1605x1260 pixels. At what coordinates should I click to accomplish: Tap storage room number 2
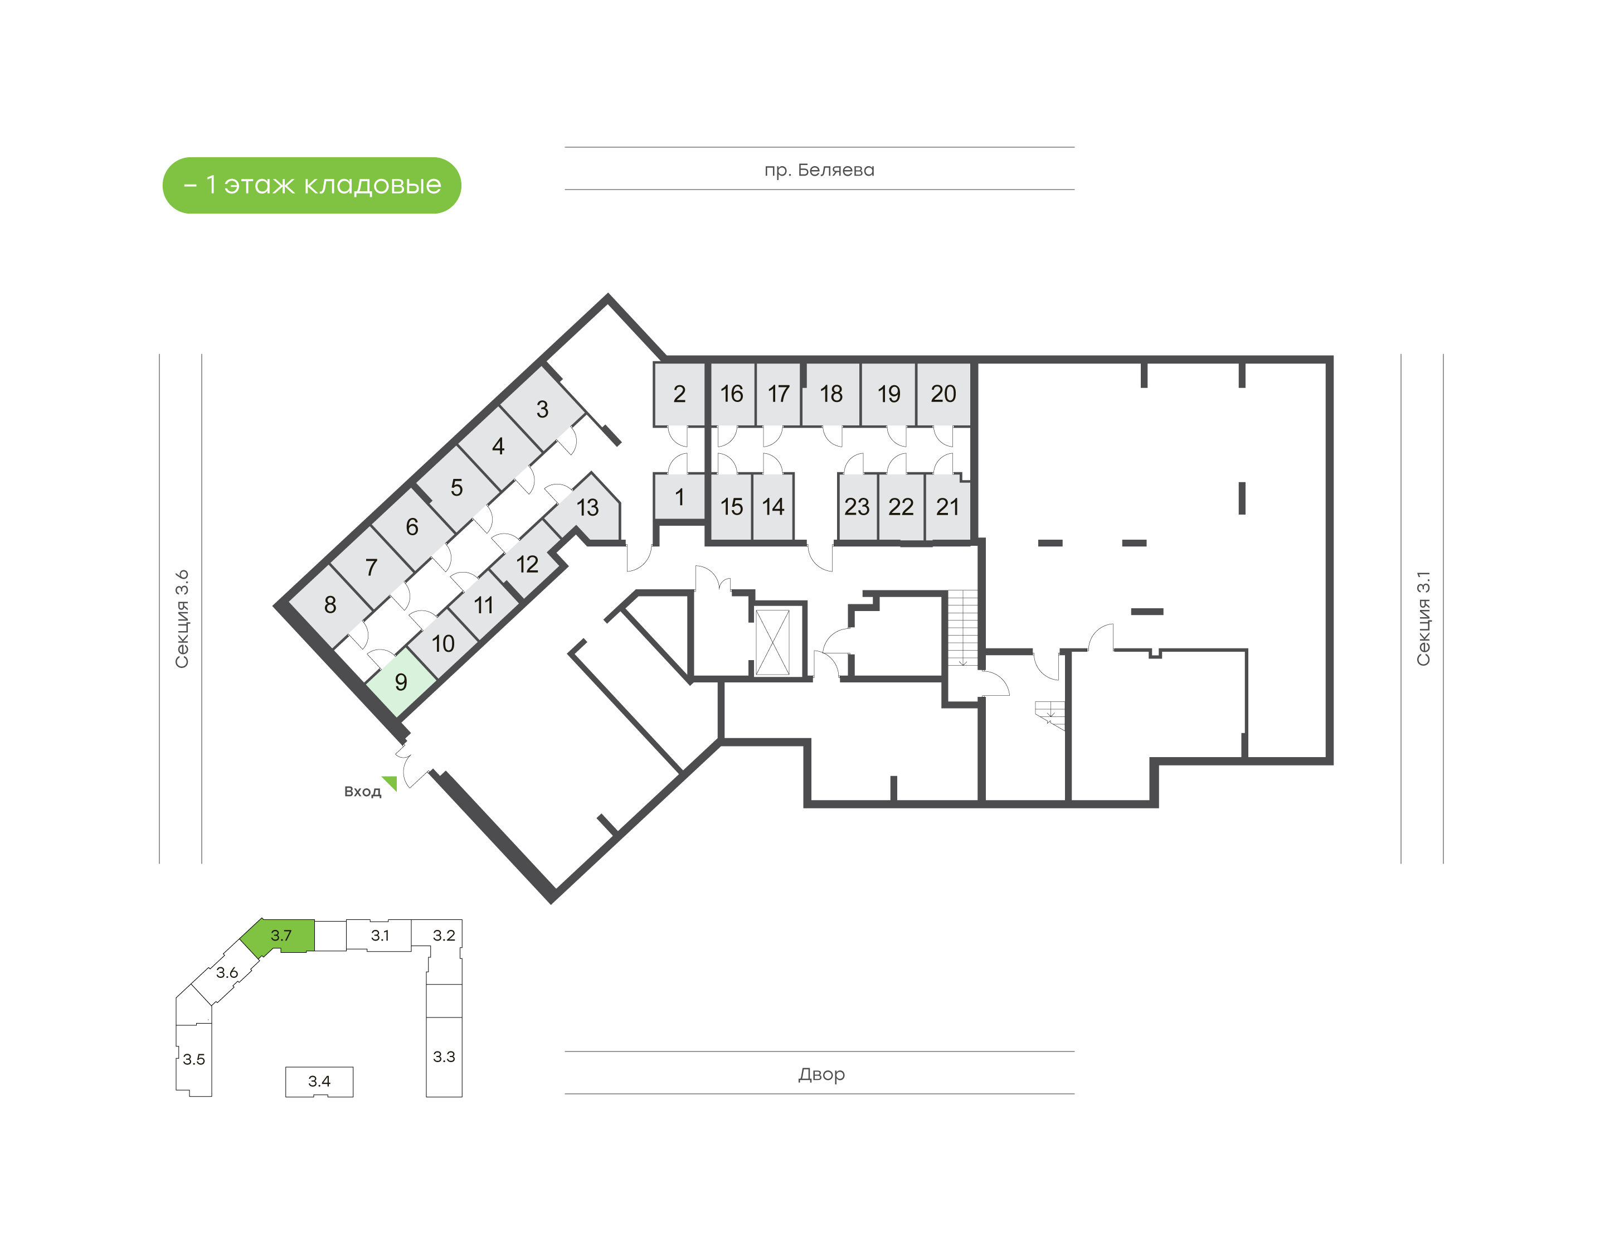679,394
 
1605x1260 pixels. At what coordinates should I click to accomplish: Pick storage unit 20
943,394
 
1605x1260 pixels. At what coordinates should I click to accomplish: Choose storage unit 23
858,507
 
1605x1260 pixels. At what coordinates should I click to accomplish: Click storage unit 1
679,497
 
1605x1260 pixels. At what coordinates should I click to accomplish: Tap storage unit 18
831,394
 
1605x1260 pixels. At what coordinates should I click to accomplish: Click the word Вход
362,792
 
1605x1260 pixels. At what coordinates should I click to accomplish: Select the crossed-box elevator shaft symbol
772,641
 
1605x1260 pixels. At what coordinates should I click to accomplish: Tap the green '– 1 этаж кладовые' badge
312,185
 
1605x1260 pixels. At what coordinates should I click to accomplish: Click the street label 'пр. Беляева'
819,171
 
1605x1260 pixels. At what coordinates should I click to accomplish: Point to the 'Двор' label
821,1074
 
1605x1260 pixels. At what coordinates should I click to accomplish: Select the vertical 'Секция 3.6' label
182,619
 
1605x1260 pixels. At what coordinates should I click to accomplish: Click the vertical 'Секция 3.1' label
1423,618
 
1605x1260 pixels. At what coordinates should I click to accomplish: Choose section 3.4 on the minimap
319,1082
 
